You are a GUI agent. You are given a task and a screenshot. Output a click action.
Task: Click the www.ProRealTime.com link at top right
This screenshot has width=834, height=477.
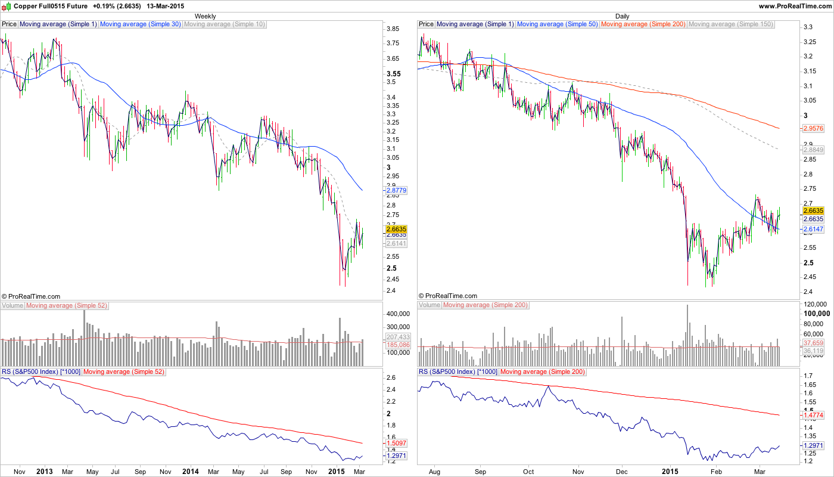coord(794,5)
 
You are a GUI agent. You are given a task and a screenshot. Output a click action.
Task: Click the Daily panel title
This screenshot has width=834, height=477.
coord(622,16)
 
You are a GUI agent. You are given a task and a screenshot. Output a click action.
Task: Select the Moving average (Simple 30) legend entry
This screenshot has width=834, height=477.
coord(141,24)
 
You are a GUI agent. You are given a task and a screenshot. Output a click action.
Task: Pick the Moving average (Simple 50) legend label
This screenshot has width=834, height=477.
coord(558,24)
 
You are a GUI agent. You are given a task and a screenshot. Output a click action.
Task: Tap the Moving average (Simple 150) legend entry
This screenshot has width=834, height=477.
coord(730,24)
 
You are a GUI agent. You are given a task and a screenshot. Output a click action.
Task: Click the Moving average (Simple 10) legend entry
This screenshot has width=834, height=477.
coord(225,24)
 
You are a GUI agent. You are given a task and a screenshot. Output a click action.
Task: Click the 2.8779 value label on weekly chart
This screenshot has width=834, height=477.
coord(396,190)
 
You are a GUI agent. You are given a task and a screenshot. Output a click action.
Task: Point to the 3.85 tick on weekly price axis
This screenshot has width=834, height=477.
coord(393,29)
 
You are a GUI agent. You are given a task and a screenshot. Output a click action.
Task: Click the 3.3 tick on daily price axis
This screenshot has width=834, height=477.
coord(809,27)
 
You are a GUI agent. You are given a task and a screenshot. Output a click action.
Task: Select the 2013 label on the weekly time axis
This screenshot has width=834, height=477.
coord(45,472)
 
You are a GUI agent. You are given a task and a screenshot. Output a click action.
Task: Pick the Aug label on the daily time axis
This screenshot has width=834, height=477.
coord(434,472)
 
